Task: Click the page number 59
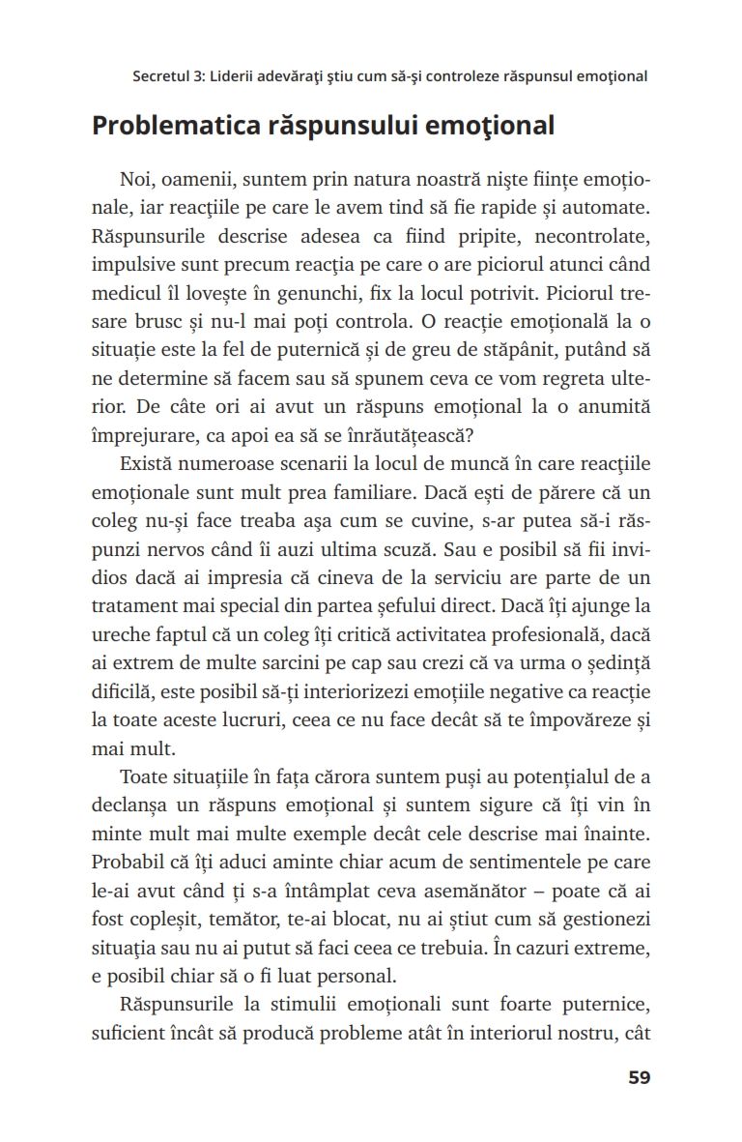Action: (639, 1077)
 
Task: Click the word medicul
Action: (123, 293)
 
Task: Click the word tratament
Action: (133, 607)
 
